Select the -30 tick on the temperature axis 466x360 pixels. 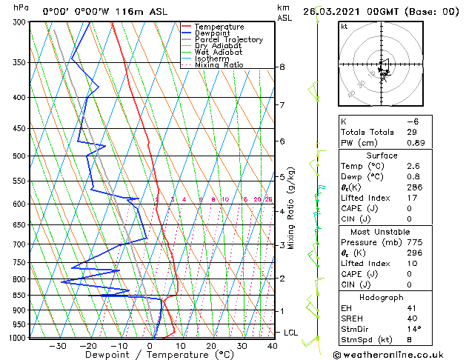pos(58,346)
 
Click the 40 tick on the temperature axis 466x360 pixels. pos(273,346)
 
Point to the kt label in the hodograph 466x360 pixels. pos(344,26)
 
